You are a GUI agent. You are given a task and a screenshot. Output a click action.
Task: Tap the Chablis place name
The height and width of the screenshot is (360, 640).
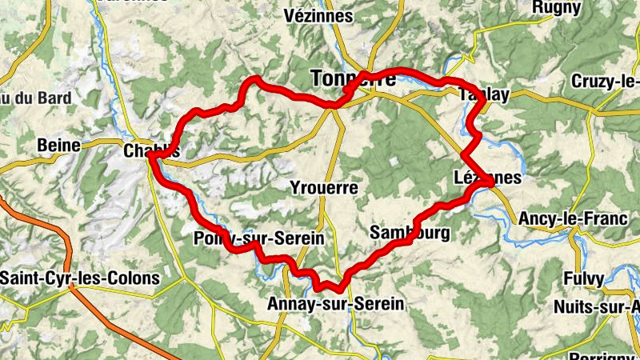[x=151, y=150]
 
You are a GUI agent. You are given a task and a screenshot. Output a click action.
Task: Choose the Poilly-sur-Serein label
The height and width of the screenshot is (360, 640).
[x=258, y=238]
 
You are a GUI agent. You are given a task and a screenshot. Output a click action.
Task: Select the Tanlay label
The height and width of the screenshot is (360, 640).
[x=484, y=94]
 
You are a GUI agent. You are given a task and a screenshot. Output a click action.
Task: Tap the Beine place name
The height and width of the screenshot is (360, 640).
[x=59, y=146]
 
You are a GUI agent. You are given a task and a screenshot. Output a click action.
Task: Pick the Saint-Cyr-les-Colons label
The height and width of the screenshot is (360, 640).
[x=80, y=279]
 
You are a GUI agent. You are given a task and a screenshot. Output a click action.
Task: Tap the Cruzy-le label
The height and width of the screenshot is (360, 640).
[x=606, y=82]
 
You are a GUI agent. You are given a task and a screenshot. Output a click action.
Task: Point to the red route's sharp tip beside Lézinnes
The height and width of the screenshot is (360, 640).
[x=490, y=185]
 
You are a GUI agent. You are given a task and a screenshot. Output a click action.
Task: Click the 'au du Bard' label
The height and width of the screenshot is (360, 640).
[x=36, y=98]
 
